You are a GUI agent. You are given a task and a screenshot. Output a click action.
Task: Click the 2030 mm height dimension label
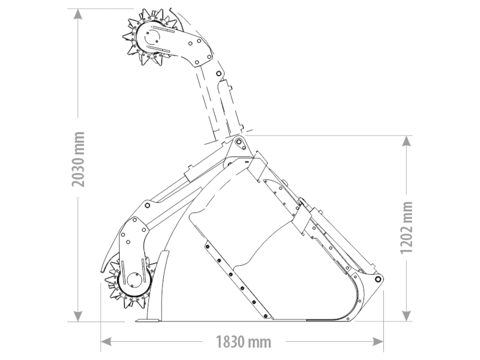click(x=78, y=159)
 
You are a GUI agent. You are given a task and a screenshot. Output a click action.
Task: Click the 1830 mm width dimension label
click(x=244, y=342)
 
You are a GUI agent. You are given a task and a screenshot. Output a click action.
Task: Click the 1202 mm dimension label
click(x=406, y=227)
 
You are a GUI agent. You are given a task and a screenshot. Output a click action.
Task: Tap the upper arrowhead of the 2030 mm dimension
click(x=78, y=14)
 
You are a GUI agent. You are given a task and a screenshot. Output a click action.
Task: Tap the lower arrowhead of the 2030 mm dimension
click(x=78, y=316)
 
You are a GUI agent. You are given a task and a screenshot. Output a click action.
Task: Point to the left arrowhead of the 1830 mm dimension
click(x=106, y=342)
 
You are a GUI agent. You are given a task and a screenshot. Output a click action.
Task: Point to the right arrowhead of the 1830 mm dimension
click(x=378, y=342)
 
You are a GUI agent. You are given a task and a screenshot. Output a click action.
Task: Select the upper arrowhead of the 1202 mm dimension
click(x=406, y=141)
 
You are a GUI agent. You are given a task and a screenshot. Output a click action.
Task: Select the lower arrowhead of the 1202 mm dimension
click(x=406, y=316)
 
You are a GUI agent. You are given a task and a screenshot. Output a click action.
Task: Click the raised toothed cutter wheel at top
click(x=151, y=37)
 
